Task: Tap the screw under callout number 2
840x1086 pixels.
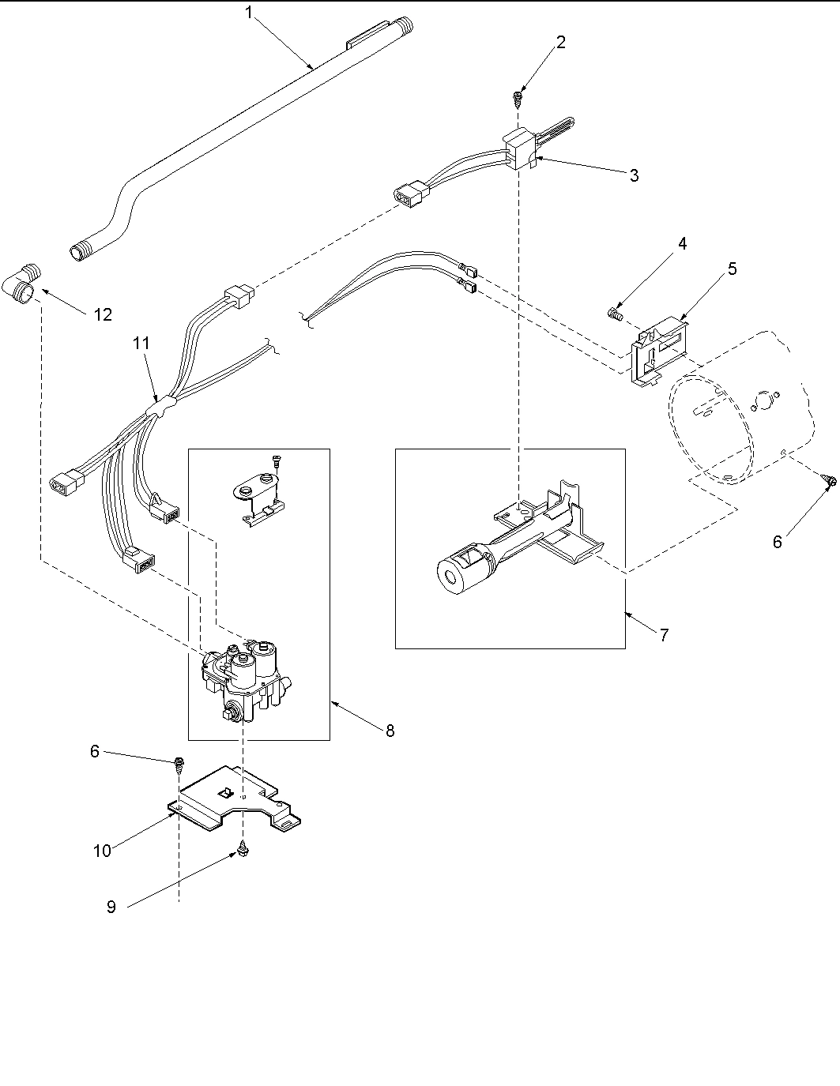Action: coord(518,99)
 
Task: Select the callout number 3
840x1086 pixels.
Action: coord(634,175)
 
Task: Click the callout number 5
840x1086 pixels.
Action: coord(732,269)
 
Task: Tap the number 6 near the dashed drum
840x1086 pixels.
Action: coord(777,542)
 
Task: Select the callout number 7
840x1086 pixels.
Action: coord(663,634)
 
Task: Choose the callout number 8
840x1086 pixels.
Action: coord(390,731)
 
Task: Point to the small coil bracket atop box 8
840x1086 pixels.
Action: coord(262,502)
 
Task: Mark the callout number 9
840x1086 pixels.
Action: coord(111,908)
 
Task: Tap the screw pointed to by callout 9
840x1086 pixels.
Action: coord(243,852)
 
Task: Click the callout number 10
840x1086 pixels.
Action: coord(102,850)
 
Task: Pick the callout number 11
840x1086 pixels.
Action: coord(141,344)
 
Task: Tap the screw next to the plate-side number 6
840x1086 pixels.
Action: coord(179,763)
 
